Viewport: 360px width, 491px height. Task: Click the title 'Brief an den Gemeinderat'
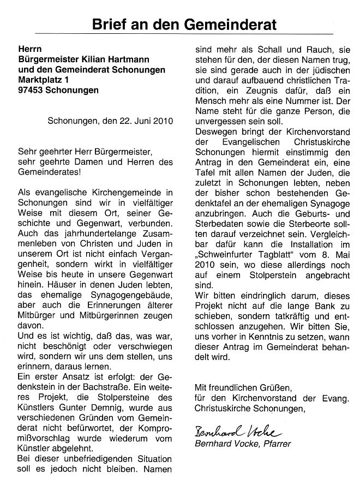184,24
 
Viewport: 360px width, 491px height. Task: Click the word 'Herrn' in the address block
31,49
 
